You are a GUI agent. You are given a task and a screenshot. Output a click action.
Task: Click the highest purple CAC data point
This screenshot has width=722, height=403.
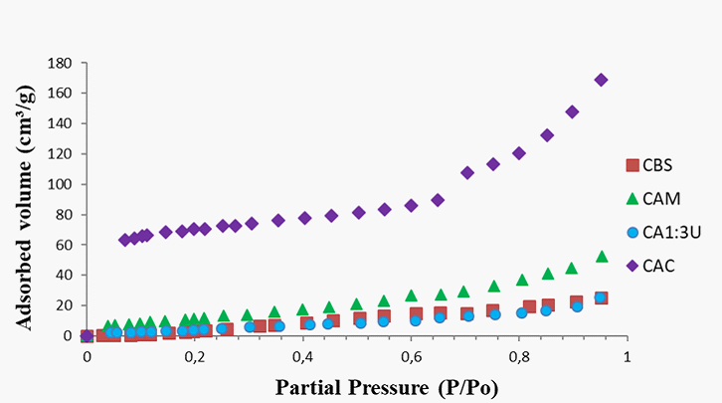click(x=601, y=80)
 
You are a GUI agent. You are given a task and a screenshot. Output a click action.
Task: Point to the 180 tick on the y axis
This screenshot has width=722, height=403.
click(x=62, y=63)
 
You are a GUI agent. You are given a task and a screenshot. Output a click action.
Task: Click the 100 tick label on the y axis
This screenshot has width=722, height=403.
click(x=62, y=185)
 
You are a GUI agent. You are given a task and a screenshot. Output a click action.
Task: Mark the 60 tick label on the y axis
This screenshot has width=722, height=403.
click(x=66, y=246)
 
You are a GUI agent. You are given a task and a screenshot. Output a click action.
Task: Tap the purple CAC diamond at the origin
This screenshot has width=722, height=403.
click(x=88, y=336)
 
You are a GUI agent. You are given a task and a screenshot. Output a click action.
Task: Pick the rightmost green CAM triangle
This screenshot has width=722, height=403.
click(x=601, y=257)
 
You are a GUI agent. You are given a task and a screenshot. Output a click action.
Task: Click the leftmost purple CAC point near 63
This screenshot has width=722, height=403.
click(x=124, y=240)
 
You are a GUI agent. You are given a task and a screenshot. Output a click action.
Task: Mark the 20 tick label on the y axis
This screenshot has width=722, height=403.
click(x=66, y=306)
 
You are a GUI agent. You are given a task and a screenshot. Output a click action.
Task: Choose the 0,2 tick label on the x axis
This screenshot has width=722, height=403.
click(x=195, y=354)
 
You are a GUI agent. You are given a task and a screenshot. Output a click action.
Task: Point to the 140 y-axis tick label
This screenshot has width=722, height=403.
click(x=62, y=123)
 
